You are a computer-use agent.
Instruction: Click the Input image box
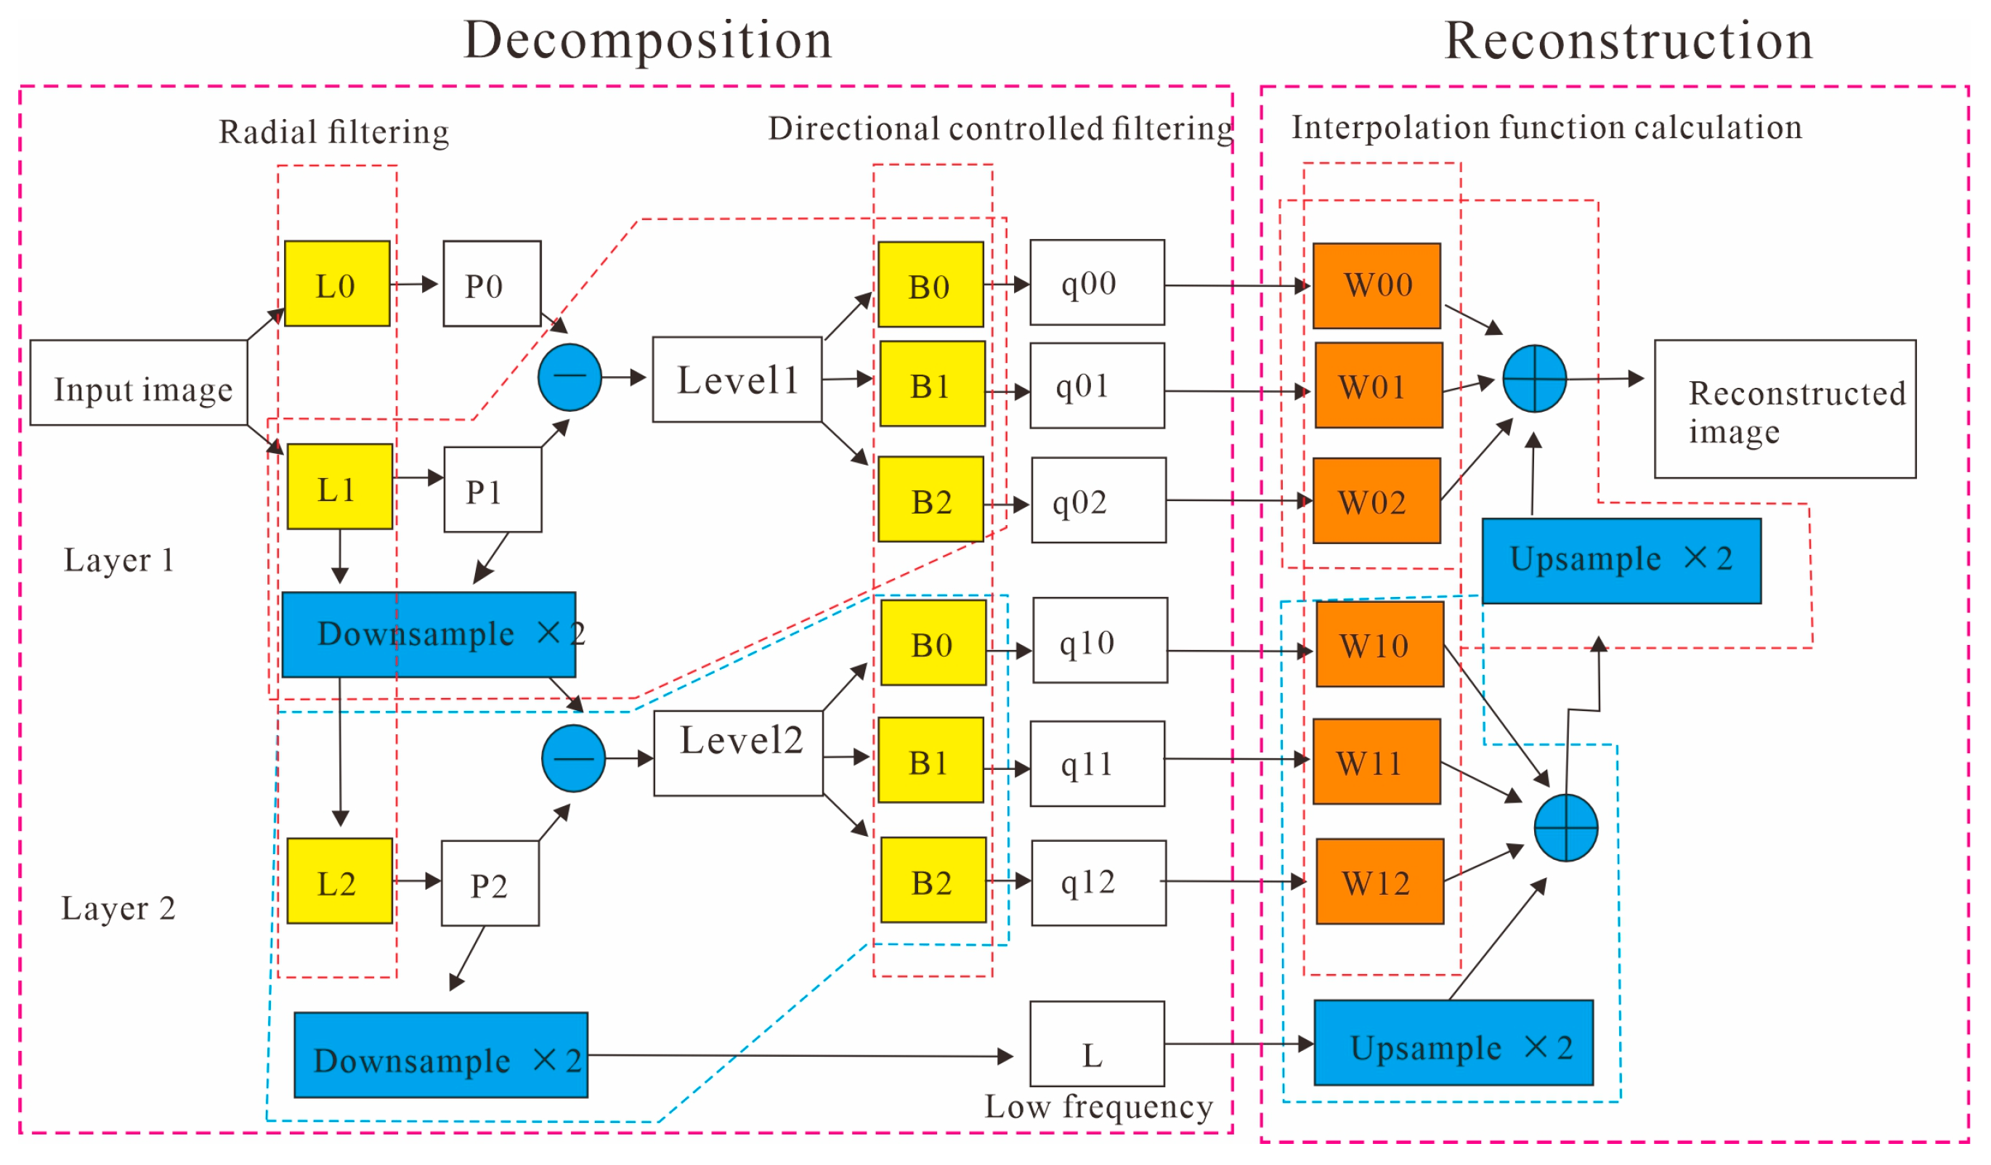[138, 383]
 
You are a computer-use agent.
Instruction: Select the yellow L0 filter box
[337, 284]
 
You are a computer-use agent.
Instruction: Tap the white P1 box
[493, 490]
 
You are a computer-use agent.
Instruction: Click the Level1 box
[737, 380]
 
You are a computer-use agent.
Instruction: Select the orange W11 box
[1377, 762]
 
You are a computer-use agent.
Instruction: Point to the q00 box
[1098, 283]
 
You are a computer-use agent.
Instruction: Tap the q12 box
[1099, 883]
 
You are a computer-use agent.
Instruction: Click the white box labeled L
[1098, 1044]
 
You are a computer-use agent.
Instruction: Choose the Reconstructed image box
[1785, 409]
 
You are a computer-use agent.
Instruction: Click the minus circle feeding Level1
[569, 378]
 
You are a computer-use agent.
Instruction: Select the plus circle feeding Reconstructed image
[1534, 379]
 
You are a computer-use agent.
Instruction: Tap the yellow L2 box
[340, 882]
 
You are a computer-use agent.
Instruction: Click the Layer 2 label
[118, 909]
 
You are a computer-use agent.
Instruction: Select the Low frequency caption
[1099, 1107]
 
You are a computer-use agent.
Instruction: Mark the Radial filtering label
[334, 132]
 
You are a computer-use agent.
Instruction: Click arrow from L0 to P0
[415, 284]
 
